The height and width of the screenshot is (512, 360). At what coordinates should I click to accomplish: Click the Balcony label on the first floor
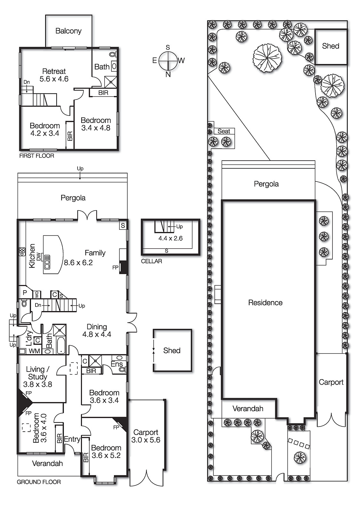68,31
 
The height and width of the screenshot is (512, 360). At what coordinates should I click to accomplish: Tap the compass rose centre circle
168,61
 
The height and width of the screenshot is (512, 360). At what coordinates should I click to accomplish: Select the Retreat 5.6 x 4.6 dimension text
54,79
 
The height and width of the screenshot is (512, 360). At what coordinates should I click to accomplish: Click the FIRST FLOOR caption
36,156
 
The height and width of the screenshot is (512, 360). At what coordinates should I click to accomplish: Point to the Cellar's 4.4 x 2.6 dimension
170,238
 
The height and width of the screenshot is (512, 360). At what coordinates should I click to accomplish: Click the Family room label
95,253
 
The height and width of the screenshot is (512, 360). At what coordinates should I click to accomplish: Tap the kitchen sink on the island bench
47,262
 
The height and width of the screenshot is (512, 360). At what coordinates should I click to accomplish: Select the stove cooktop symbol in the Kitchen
22,252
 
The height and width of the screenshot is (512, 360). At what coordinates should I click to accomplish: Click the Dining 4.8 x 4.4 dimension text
97,335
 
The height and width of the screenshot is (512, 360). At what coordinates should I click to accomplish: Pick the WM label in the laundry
34,351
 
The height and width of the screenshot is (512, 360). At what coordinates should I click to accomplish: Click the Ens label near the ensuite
116,364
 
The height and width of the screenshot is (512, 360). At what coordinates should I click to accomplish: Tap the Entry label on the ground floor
72,439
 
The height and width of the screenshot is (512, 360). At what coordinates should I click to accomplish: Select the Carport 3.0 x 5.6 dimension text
146,440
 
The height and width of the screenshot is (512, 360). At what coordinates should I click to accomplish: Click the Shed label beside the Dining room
172,351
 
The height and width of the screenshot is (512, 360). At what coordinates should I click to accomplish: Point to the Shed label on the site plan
331,46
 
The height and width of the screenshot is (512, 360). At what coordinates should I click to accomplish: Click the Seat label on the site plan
224,131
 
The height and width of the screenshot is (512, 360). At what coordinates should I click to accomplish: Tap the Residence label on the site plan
265,303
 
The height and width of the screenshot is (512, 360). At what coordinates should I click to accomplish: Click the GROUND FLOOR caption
39,482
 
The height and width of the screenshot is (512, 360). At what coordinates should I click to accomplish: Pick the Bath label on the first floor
102,67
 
